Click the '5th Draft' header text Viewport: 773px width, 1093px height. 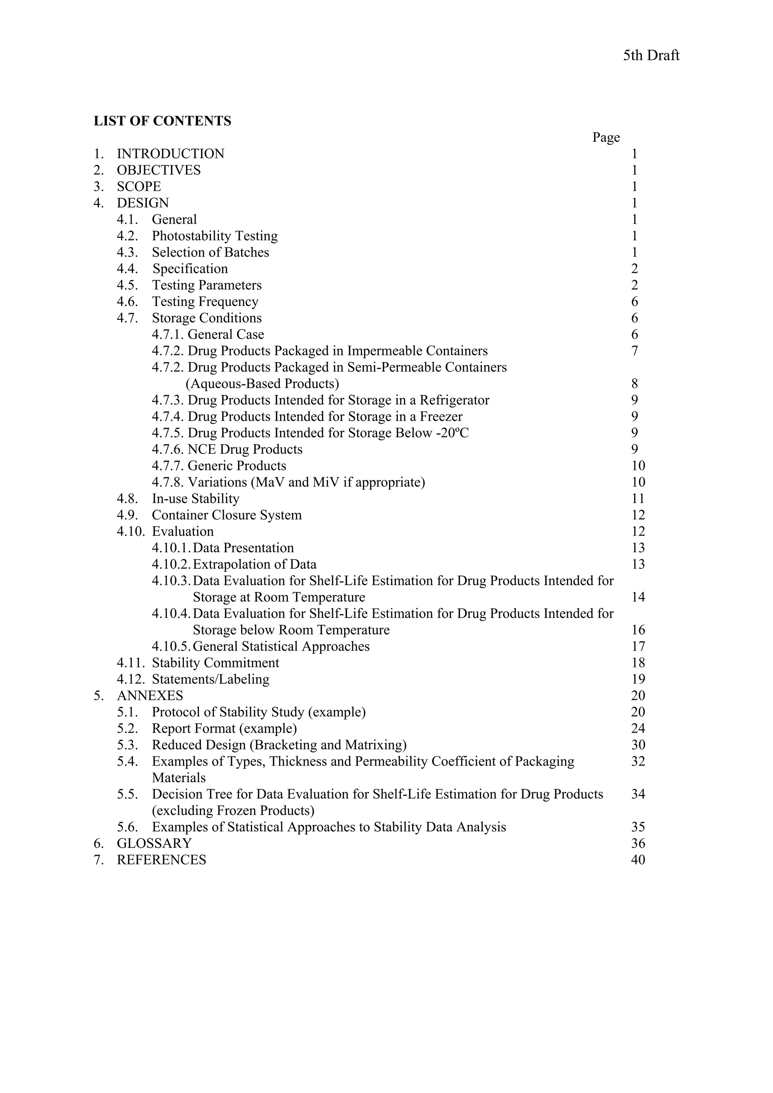click(x=651, y=56)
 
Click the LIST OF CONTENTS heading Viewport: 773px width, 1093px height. click(x=162, y=121)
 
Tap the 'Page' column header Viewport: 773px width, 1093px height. click(x=606, y=138)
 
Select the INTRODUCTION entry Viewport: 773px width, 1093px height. click(x=171, y=154)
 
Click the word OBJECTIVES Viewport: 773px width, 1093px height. click(x=159, y=170)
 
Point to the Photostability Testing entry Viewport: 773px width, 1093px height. click(x=214, y=236)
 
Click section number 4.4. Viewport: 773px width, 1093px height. click(x=127, y=269)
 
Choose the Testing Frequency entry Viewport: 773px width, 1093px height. click(x=205, y=301)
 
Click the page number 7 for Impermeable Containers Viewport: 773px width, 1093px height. click(x=634, y=351)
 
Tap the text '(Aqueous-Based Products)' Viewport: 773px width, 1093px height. click(x=262, y=384)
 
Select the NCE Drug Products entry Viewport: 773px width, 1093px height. click(x=245, y=449)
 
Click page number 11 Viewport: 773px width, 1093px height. click(x=638, y=498)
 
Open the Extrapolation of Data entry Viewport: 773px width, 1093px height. click(x=254, y=564)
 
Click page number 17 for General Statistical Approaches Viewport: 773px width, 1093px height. click(x=638, y=646)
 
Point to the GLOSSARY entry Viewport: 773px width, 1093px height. click(x=154, y=843)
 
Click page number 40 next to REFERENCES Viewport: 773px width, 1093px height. click(x=638, y=860)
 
